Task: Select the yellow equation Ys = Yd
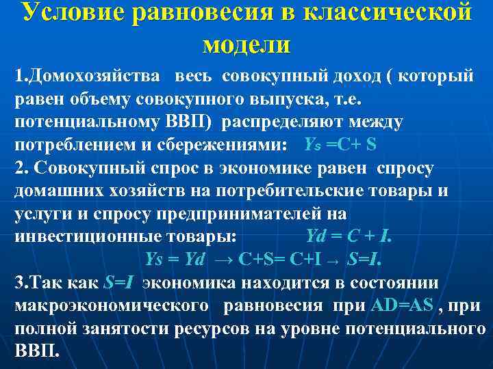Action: pyautogui.click(x=177, y=260)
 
